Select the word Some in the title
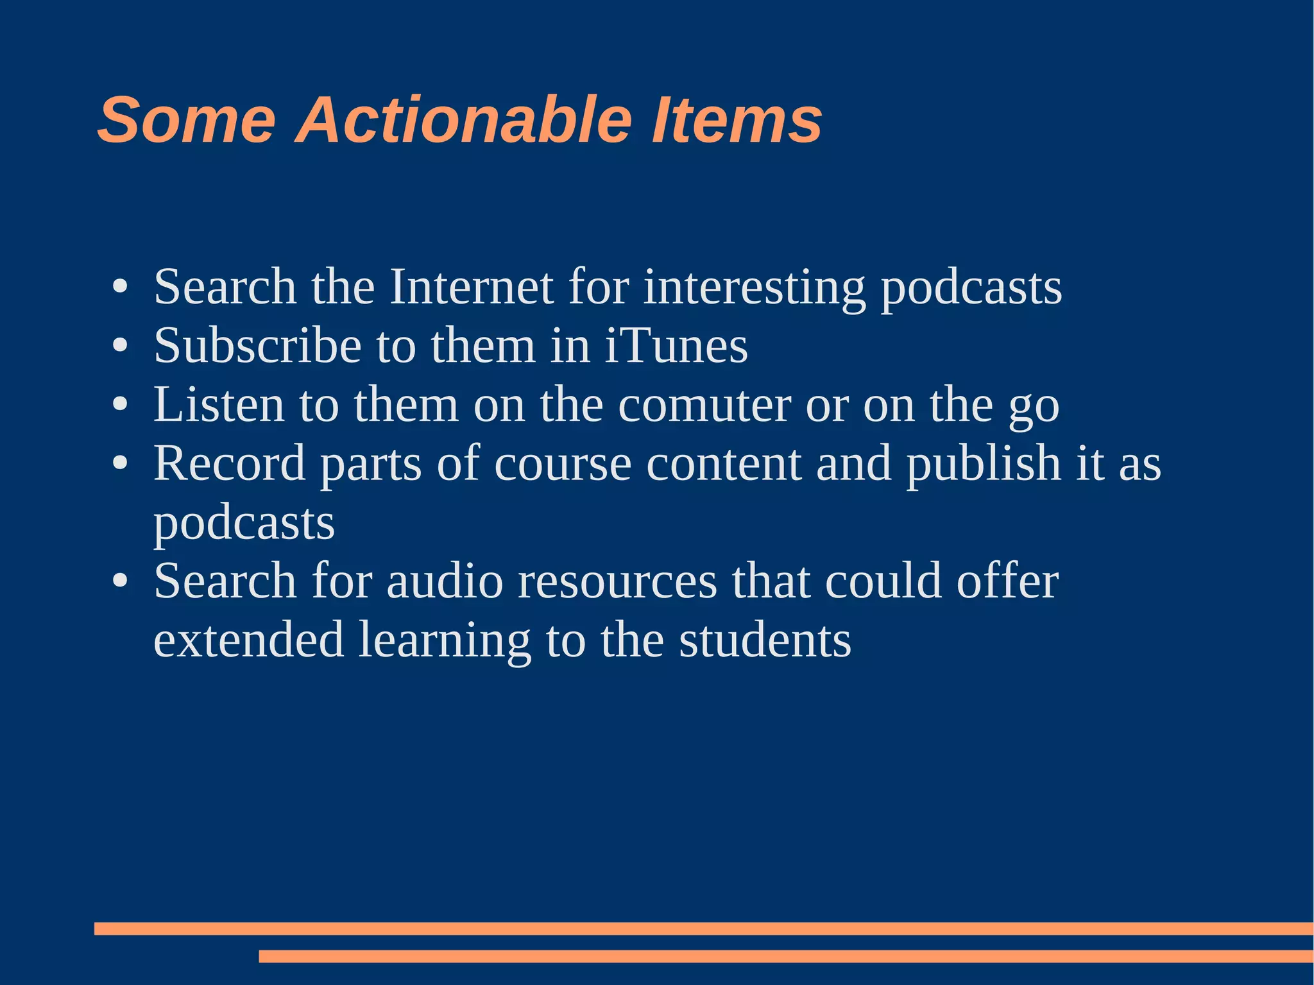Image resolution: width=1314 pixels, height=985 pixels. coord(187,120)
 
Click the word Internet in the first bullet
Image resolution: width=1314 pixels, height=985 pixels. coord(472,287)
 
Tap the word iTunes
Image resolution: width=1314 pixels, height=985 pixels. coord(676,346)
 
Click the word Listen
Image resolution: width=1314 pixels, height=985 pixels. coord(219,405)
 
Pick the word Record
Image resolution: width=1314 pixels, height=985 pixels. coord(230,463)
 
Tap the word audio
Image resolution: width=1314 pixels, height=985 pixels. coord(445,581)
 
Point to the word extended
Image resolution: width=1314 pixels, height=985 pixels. coord(249,640)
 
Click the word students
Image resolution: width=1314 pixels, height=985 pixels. coord(765,640)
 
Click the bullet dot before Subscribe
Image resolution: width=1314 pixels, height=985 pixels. coord(120,347)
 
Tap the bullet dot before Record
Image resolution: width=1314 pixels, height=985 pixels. coord(120,463)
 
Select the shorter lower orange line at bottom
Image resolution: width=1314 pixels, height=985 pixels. coord(785,956)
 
